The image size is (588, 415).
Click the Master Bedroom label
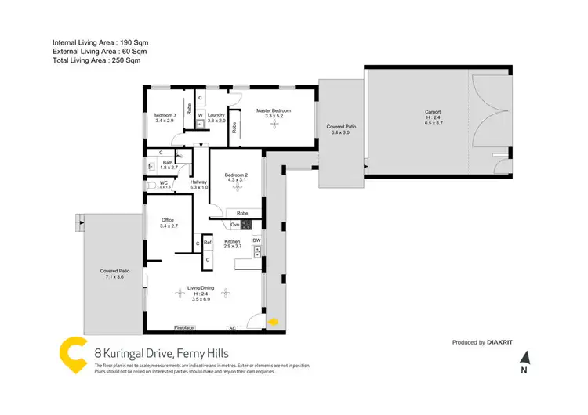tap(274, 111)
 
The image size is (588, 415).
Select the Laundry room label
tap(216, 115)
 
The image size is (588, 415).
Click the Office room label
tap(167, 220)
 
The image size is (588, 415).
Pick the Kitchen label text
tap(232, 241)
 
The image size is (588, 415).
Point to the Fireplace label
tap(185, 327)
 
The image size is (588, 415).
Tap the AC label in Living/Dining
tap(232, 327)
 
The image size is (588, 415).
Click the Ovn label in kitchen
tap(235, 226)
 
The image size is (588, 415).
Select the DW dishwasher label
tap(256, 240)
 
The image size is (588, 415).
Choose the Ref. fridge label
tap(208, 243)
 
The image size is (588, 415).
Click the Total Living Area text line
tap(96, 60)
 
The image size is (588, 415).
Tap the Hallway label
tap(198, 182)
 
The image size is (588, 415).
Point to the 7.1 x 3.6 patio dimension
tap(114, 277)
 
